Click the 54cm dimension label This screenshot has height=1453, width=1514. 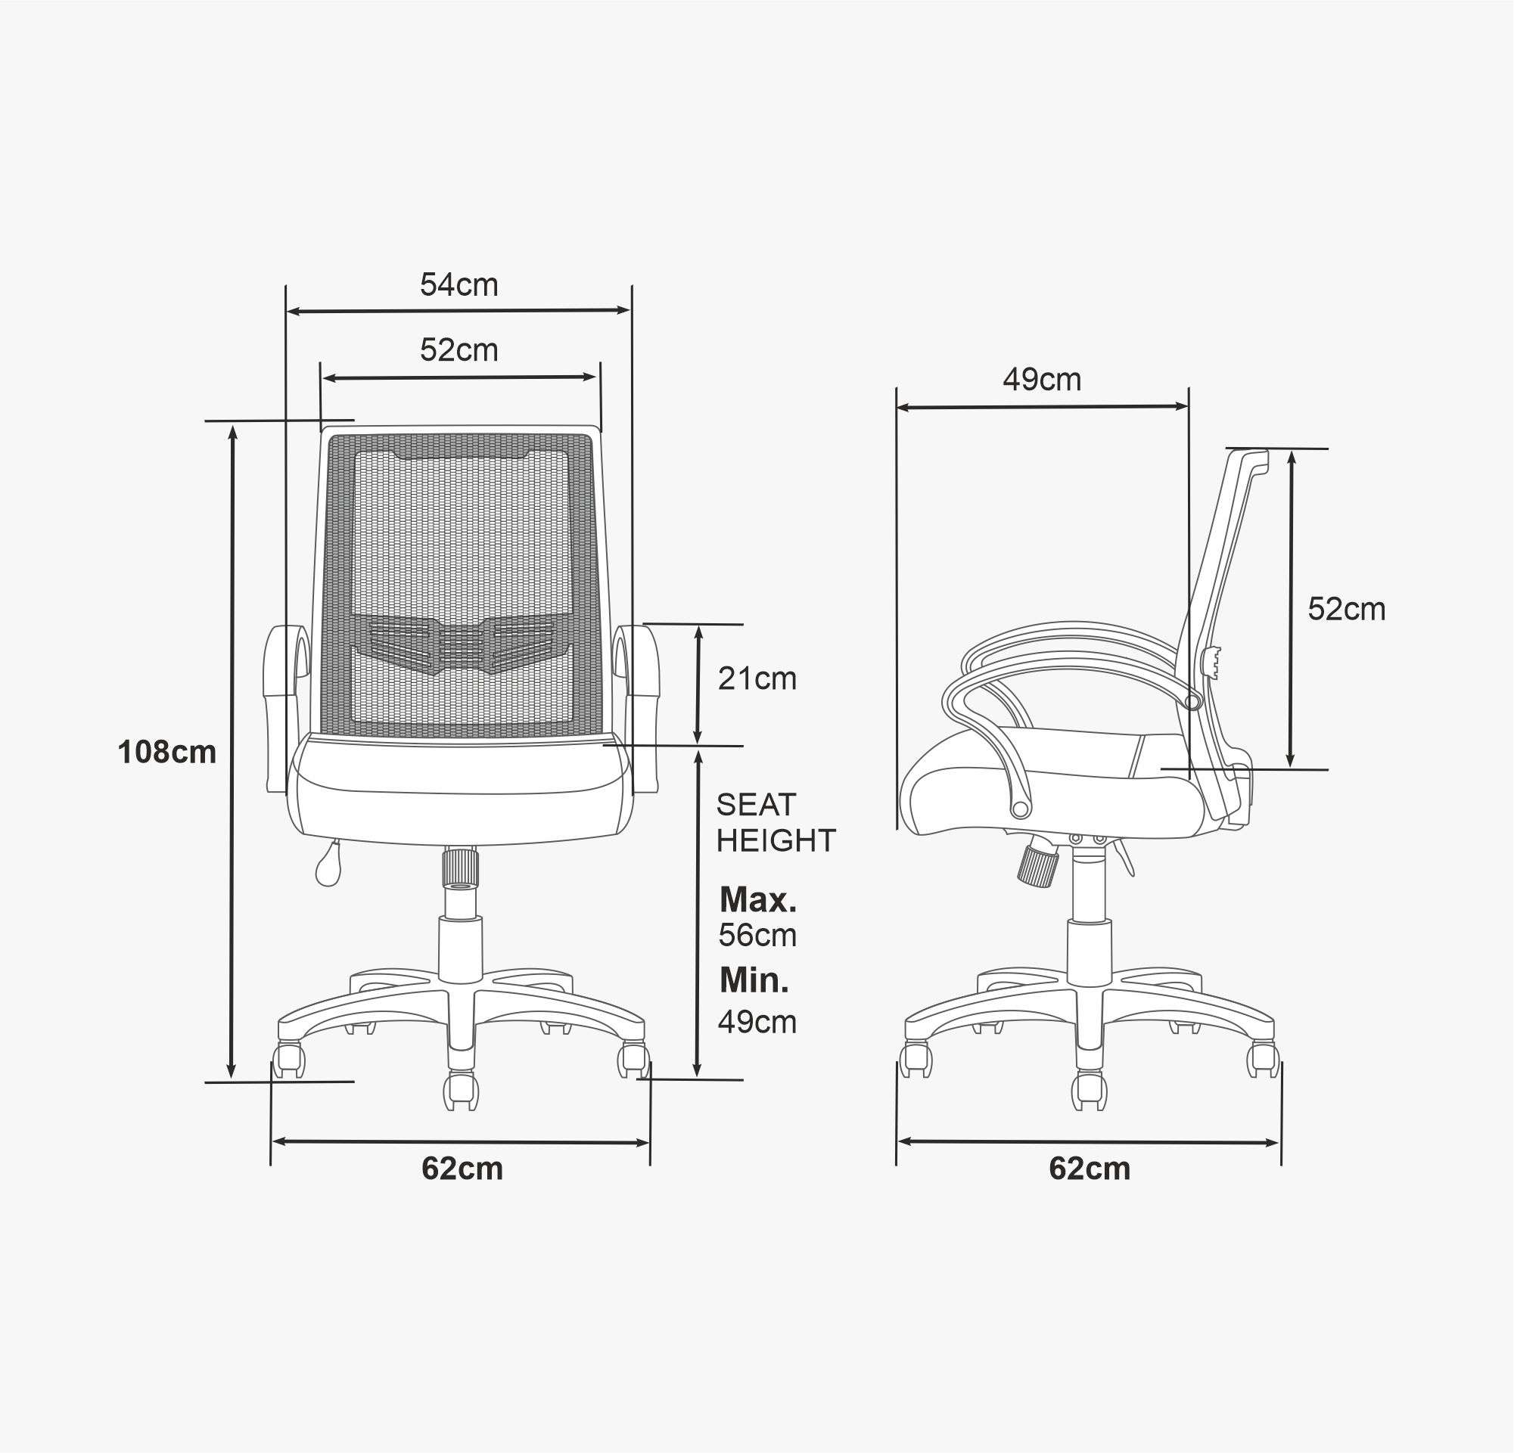click(459, 285)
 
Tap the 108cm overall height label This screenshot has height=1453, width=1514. click(167, 752)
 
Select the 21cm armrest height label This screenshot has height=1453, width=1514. click(757, 678)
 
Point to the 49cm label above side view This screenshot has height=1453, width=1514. click(1042, 379)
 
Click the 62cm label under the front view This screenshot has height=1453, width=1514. click(462, 1169)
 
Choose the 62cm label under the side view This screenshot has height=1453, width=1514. click(1089, 1169)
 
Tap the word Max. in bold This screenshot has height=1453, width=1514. click(758, 899)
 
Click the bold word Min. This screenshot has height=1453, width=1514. click(754, 980)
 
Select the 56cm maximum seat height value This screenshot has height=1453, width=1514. click(757, 935)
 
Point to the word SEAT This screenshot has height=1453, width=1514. click(755, 806)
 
